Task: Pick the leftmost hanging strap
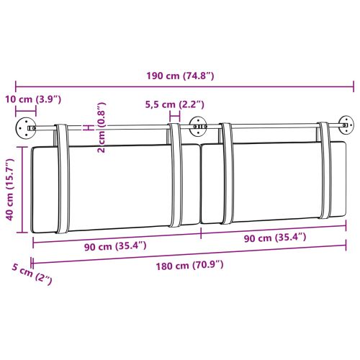(62, 180)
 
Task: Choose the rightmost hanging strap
(330, 173)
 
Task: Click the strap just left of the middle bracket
(176, 176)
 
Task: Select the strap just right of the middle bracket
(226, 176)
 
